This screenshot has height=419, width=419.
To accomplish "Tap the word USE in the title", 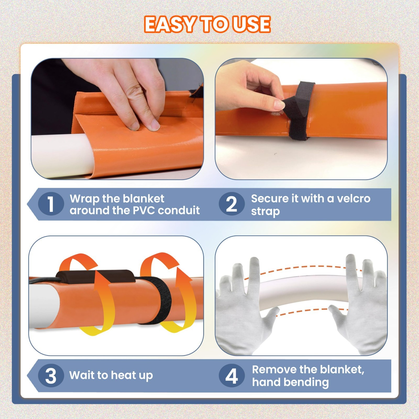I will [251, 25].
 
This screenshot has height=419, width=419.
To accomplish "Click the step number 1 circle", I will [51, 204].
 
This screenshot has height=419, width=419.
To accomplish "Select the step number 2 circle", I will [231, 204].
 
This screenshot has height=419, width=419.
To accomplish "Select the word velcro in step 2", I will [354, 199].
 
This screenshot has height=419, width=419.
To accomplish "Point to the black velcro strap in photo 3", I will [161, 301].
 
